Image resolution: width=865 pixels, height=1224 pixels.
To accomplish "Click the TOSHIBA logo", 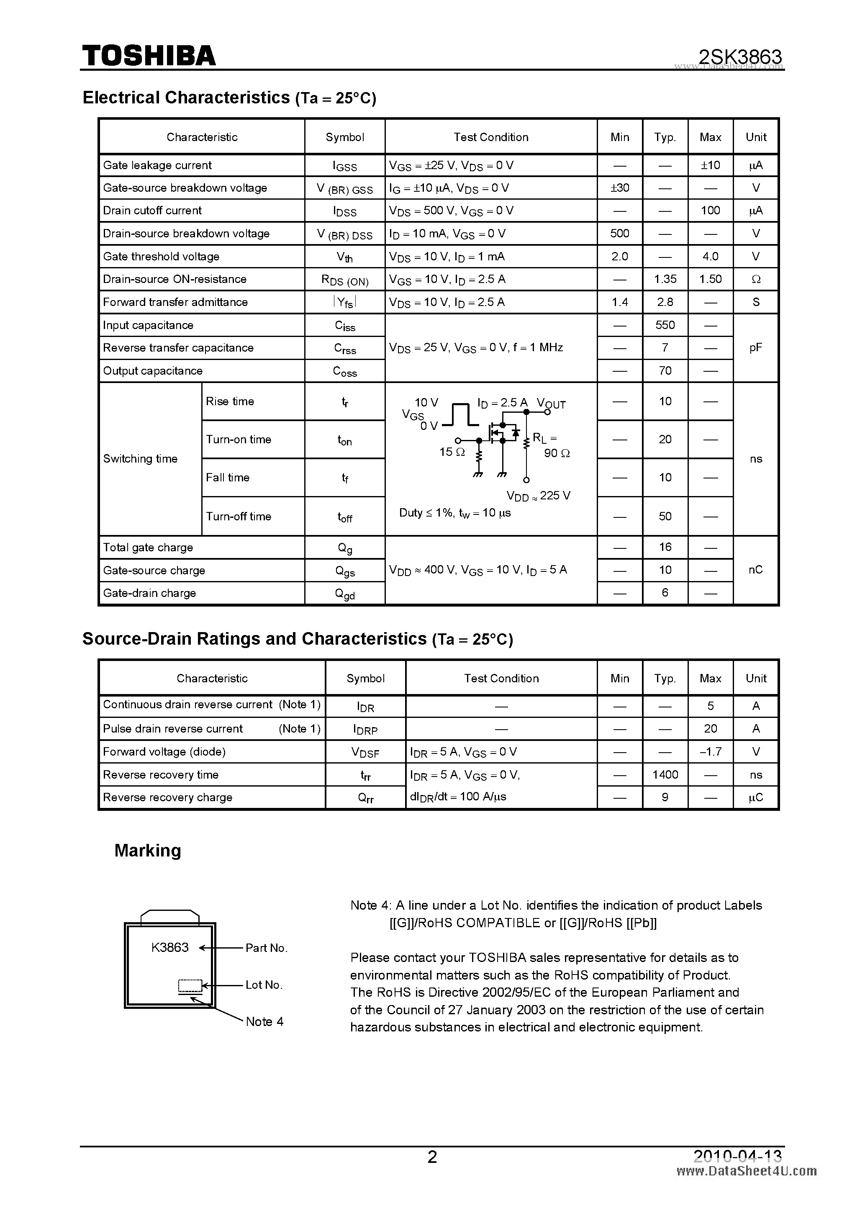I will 149,55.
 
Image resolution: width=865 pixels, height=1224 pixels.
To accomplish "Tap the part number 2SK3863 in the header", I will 740,57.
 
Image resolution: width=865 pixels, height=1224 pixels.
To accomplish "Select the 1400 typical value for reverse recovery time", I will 665,774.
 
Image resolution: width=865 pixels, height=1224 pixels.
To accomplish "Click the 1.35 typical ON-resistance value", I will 665,279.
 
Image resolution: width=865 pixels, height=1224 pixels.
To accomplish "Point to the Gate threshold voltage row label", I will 161,257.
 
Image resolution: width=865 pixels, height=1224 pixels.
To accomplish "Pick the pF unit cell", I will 756,347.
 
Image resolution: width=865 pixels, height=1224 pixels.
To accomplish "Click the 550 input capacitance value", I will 665,325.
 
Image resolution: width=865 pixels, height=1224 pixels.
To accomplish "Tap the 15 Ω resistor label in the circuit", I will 452,452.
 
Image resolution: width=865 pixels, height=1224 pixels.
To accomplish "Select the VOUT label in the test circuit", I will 551,404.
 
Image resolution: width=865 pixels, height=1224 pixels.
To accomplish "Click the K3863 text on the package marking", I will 170,947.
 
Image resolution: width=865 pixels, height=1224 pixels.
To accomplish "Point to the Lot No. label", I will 264,985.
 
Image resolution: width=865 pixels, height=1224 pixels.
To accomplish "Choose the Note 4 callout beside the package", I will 264,1021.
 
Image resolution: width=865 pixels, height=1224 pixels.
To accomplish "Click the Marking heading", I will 148,850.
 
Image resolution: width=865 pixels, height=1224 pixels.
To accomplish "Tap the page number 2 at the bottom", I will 432,1157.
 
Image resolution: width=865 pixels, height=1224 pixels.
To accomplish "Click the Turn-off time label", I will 238,516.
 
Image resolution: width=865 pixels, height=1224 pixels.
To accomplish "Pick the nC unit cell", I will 756,570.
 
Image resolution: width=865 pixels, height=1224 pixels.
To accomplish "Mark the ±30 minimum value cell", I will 620,188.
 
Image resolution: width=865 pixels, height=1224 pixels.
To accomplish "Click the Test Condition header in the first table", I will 491,137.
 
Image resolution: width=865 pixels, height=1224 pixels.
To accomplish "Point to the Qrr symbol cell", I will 366,797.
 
